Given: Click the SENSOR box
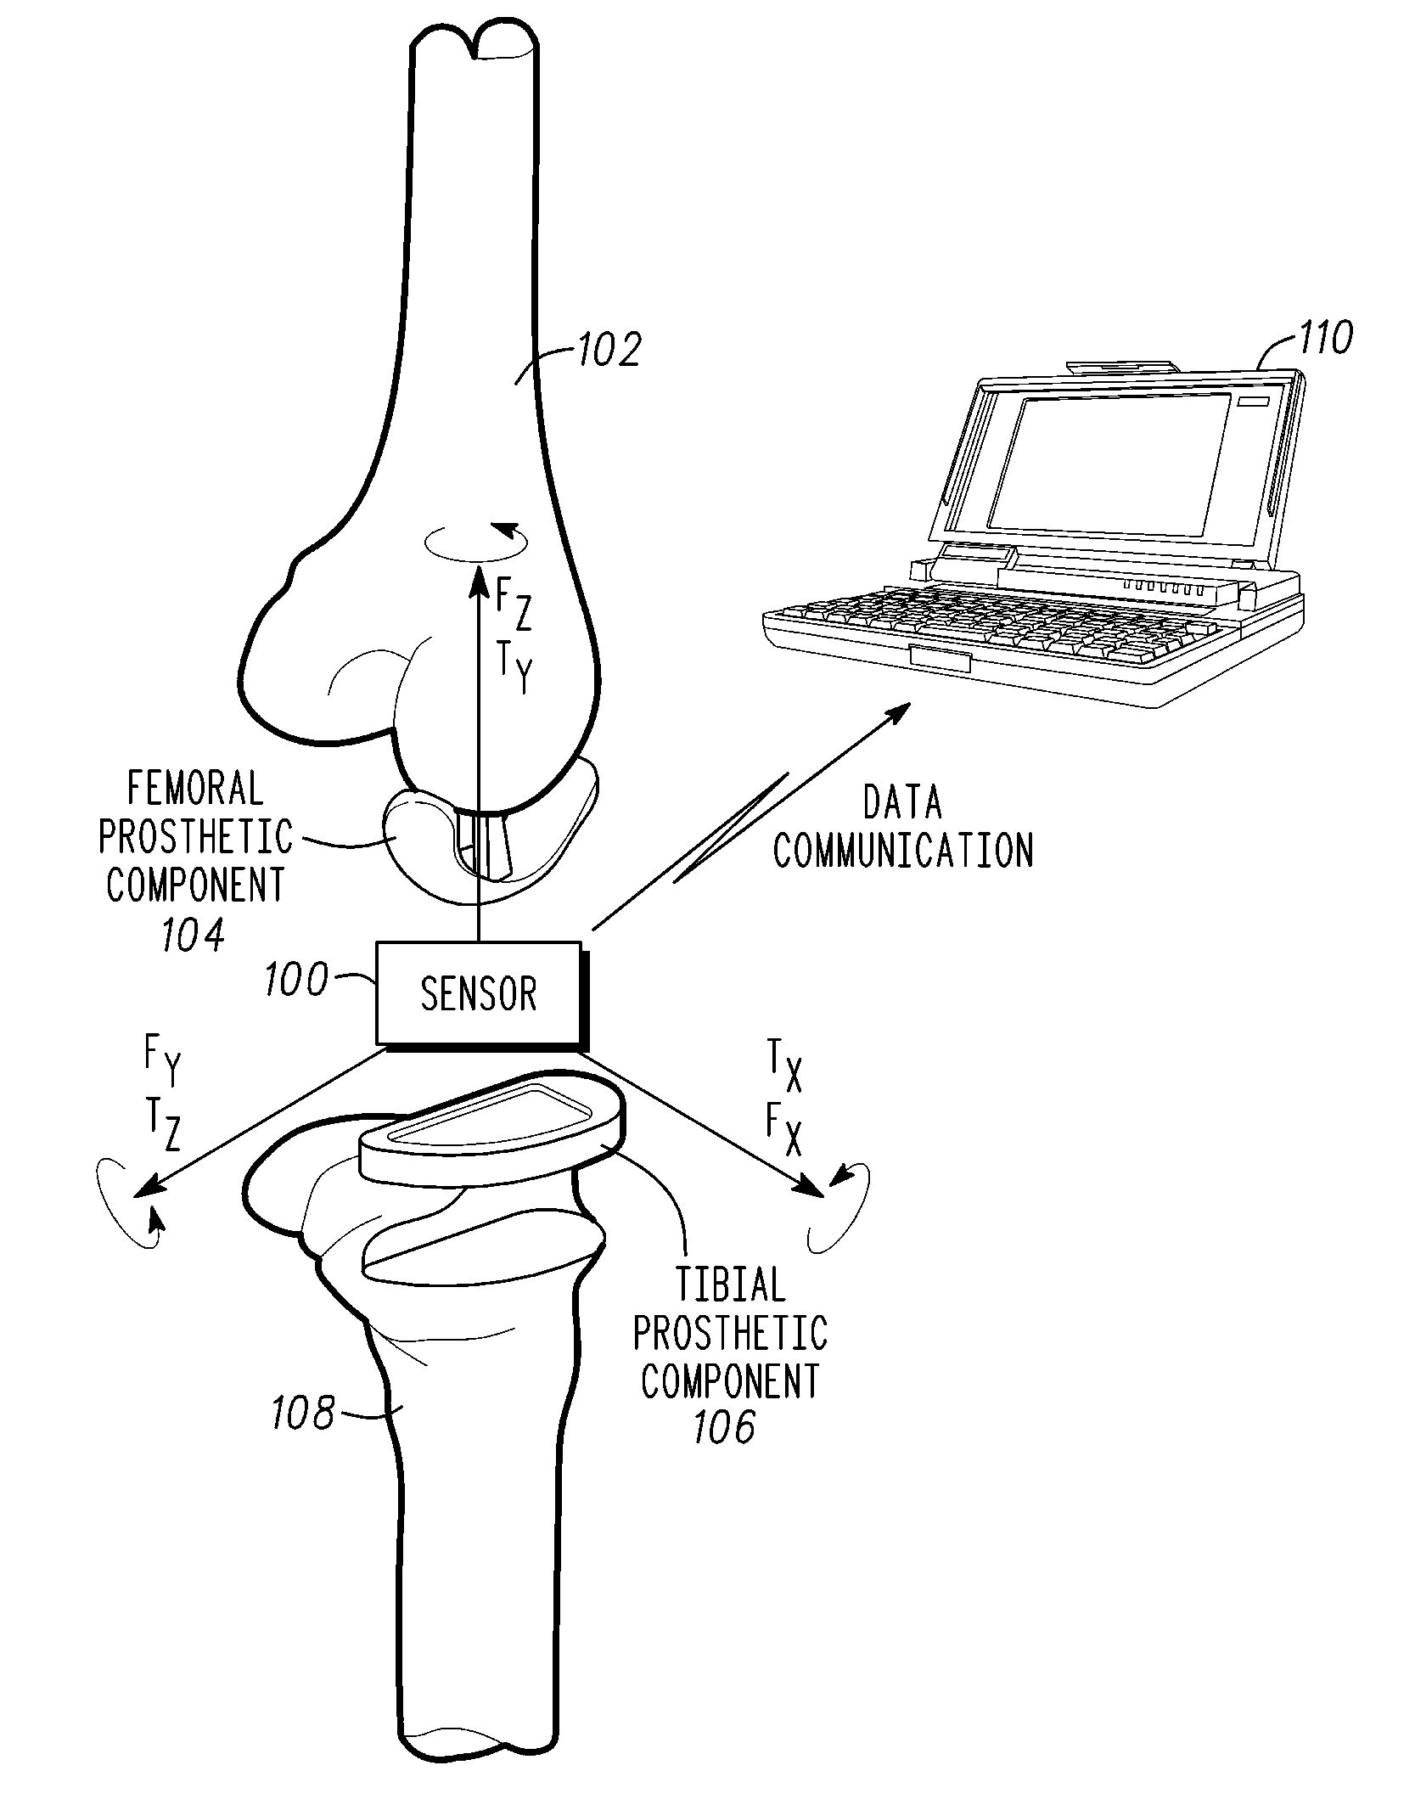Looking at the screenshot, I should [x=480, y=993].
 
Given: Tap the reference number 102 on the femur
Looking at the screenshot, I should [x=609, y=349].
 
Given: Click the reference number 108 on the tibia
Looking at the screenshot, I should [x=302, y=1414].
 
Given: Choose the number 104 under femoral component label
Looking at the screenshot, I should [x=194, y=936].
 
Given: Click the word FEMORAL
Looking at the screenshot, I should [x=195, y=789].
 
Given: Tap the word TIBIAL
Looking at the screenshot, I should [x=730, y=1285].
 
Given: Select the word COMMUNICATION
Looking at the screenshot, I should [x=903, y=851].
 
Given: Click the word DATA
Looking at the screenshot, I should [x=902, y=802].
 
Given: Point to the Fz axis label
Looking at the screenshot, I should [x=513, y=604].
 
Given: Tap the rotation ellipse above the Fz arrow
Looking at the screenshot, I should [x=476, y=540].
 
